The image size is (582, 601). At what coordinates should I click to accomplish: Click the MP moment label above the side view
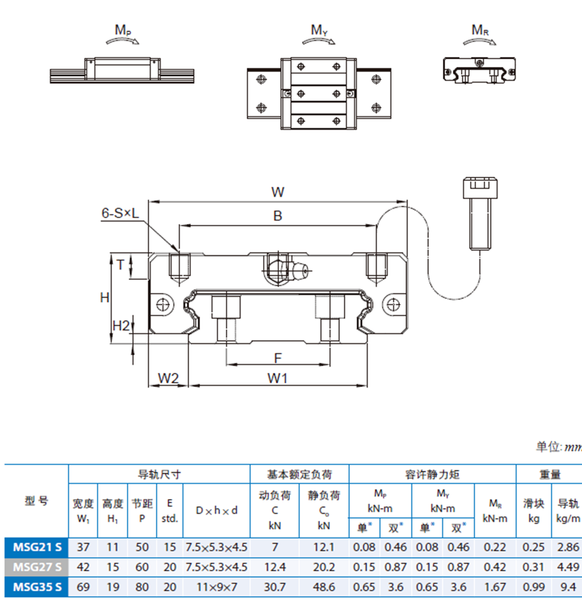[122, 29]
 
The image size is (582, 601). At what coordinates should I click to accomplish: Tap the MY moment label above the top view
[318, 30]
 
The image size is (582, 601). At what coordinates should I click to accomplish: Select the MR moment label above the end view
[480, 30]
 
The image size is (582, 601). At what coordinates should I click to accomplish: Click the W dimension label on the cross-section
[278, 192]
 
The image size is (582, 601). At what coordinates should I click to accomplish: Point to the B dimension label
[278, 216]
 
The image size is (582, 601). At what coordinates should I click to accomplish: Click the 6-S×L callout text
[121, 214]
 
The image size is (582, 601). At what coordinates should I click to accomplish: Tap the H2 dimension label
[120, 326]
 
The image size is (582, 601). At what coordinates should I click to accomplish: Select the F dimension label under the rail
[278, 357]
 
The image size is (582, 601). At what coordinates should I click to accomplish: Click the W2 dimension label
[168, 378]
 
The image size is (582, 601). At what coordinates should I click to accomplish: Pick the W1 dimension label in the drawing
[278, 378]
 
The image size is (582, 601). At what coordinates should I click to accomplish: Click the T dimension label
[120, 265]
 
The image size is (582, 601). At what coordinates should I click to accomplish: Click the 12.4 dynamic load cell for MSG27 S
[275, 567]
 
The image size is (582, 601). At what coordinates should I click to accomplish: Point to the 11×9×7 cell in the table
[216, 586]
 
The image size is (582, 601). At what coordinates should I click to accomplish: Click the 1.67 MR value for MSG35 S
[495, 586]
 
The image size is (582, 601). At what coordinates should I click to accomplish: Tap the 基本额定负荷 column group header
[299, 475]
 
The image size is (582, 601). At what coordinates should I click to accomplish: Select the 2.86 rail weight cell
[568, 547]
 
